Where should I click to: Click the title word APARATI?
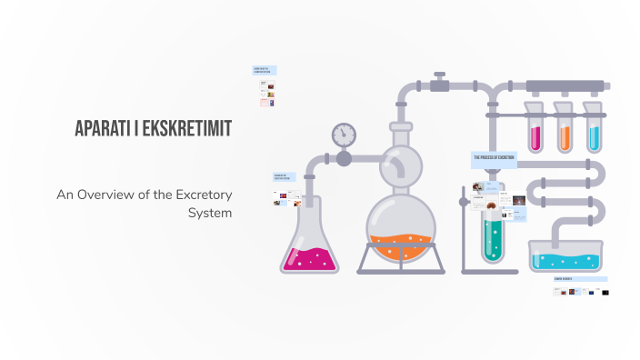[x=106, y=129]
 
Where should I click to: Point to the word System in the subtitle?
[x=210, y=213]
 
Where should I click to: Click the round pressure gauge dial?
[x=344, y=135]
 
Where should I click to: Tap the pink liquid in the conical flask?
[x=310, y=258]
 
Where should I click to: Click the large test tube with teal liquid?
[x=492, y=227]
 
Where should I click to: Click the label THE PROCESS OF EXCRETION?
[x=495, y=158]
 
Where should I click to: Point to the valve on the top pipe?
[x=440, y=85]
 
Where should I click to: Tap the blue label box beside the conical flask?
[x=285, y=176]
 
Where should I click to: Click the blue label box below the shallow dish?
[x=579, y=279]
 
